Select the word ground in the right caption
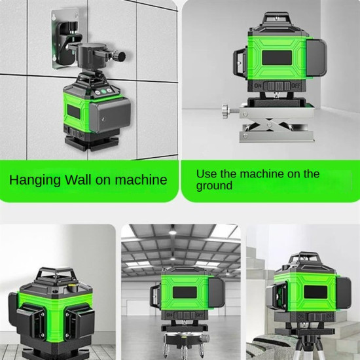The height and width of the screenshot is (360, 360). pyautogui.click(x=214, y=186)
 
